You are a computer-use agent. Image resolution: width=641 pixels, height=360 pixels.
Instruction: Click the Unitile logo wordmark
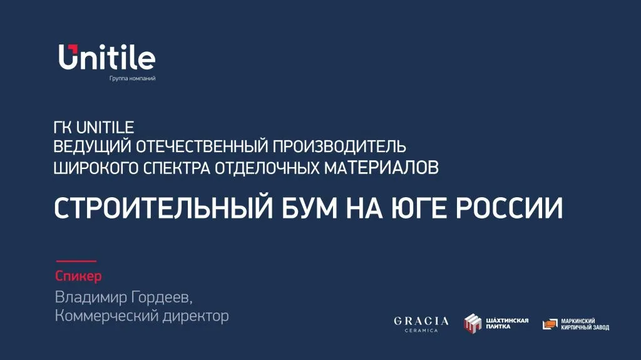tap(107, 58)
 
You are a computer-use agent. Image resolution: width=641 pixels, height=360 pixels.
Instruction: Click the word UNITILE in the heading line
tap(105, 128)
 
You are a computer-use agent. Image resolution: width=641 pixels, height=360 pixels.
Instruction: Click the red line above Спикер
tap(76, 261)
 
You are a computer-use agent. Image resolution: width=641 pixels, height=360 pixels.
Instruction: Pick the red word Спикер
tap(78, 276)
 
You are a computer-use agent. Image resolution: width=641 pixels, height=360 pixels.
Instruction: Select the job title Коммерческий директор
tap(141, 316)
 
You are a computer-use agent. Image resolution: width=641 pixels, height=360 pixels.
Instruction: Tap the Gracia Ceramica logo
tap(421, 324)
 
